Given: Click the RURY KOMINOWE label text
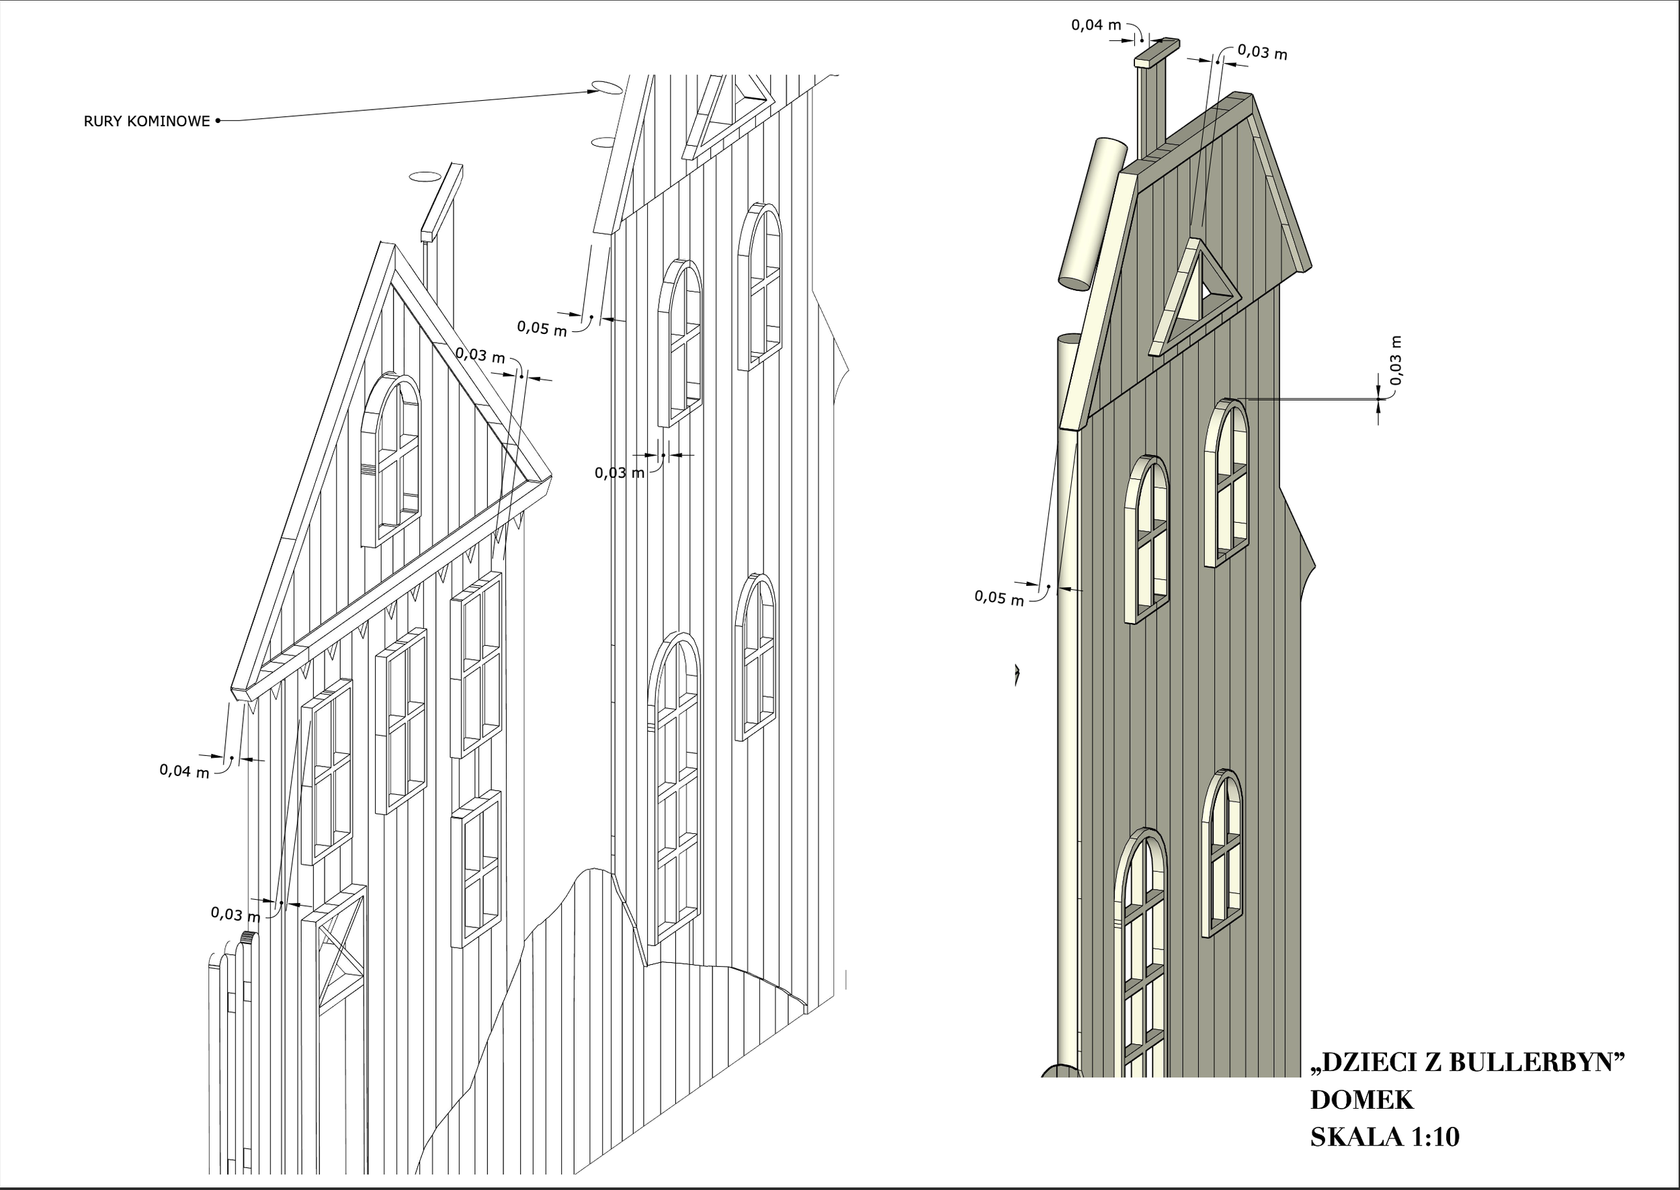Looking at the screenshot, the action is [x=146, y=121].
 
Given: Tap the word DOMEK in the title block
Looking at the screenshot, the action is [x=1361, y=1100].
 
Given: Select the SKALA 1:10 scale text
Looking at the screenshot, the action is [x=1385, y=1136].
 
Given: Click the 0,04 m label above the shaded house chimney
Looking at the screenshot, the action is [x=1096, y=25].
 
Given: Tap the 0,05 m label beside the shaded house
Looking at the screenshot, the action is [x=999, y=598].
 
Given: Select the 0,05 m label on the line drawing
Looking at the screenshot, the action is [x=542, y=327].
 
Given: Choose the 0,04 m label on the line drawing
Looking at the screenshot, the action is [x=184, y=771].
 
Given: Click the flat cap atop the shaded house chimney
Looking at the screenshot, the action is [x=1157, y=54].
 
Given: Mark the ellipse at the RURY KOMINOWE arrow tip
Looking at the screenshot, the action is [x=607, y=88].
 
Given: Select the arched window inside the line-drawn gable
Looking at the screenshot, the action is [x=391, y=460].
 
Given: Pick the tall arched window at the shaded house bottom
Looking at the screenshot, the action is [x=1139, y=953].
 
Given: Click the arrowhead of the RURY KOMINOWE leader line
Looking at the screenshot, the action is [x=592, y=91].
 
